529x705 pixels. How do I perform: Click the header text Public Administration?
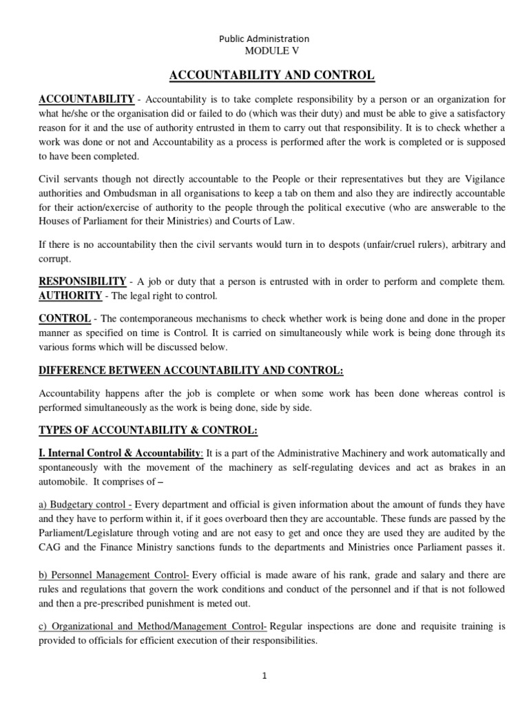click(x=264, y=39)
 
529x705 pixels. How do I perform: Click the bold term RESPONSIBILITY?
click(x=82, y=282)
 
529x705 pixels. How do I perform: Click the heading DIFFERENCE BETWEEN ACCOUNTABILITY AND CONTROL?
click(x=190, y=370)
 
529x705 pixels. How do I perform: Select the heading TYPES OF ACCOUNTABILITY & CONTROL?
click(x=148, y=430)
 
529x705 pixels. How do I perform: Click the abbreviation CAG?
click(x=50, y=548)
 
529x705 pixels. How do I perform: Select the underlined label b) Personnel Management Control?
click(x=114, y=575)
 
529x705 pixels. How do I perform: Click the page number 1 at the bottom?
click(x=263, y=676)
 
